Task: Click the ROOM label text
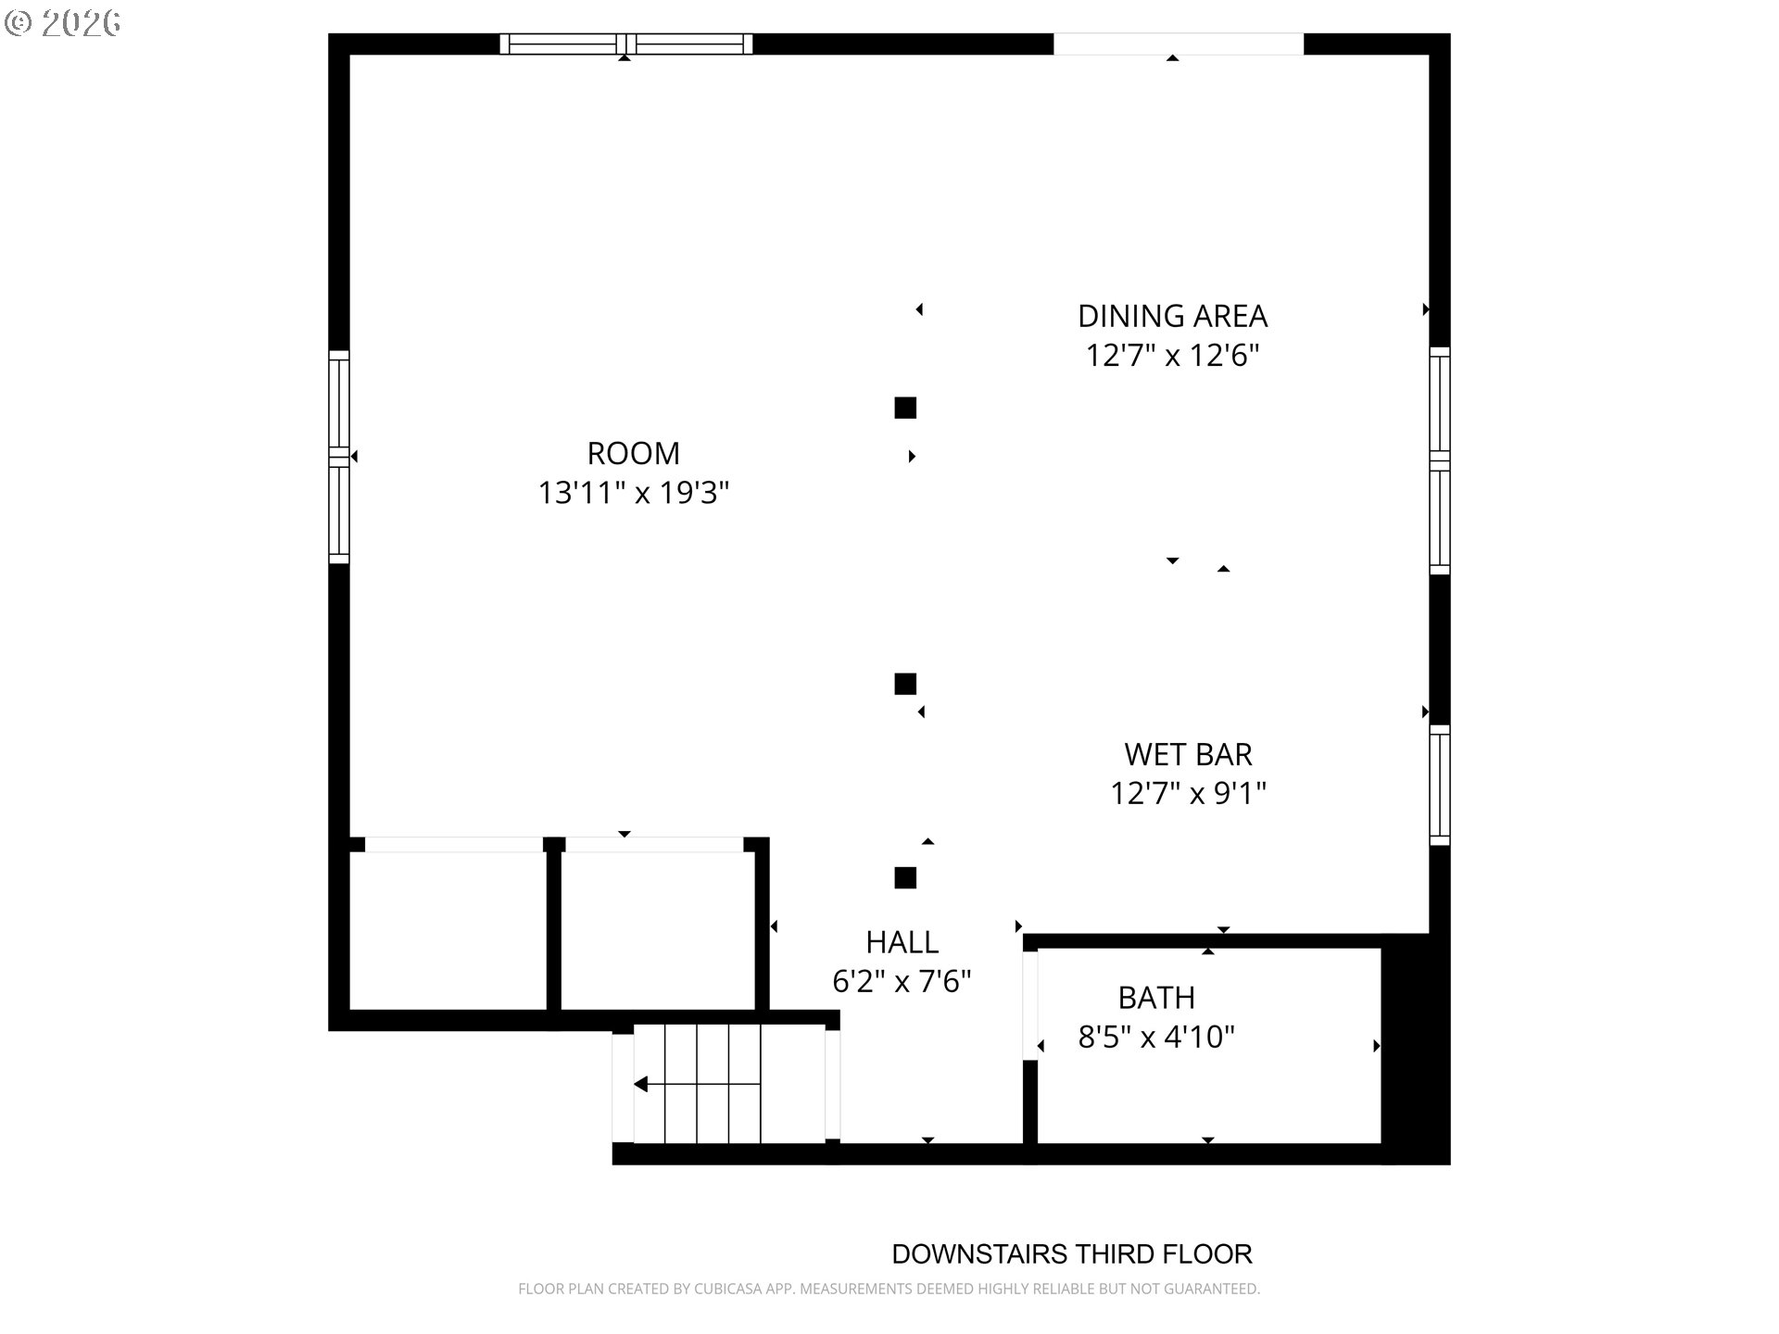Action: [634, 453]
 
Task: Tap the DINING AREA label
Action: [1172, 316]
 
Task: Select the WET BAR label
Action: [1188, 754]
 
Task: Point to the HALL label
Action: [902, 942]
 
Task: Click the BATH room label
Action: [1156, 998]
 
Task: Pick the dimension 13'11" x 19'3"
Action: [634, 493]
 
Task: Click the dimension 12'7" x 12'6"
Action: [1172, 356]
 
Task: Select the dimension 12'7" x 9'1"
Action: [1188, 794]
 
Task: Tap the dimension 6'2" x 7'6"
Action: [902, 982]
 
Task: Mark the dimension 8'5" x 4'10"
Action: [1156, 1038]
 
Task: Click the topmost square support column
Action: [905, 408]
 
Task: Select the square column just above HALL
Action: [905, 877]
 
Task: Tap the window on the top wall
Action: [626, 44]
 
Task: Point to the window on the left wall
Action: [339, 457]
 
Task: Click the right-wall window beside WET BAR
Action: [1439, 785]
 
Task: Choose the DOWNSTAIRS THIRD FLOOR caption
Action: [1072, 1254]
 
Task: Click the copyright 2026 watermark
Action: [63, 23]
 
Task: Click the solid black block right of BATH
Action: [1416, 1049]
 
